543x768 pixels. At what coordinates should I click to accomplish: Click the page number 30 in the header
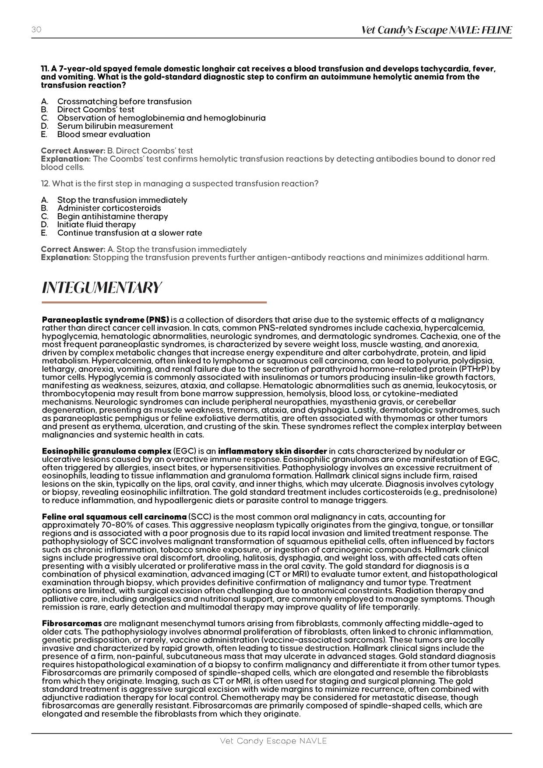36,29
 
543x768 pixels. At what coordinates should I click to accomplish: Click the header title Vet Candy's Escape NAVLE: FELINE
436,30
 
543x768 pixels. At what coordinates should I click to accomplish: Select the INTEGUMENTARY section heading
102,288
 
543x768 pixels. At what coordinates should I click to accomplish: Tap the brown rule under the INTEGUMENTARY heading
154,302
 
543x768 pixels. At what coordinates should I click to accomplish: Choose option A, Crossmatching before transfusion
124,102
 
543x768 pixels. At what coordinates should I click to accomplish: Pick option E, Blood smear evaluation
103,134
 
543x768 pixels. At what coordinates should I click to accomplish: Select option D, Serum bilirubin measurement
115,126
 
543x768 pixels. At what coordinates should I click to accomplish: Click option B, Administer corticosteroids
109,208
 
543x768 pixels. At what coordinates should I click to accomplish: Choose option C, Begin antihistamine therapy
112,216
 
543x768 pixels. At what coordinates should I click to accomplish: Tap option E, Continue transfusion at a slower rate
129,233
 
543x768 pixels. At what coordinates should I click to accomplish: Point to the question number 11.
44,69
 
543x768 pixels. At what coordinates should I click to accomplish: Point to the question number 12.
45,184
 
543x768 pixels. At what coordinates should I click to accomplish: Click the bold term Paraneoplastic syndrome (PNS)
105,320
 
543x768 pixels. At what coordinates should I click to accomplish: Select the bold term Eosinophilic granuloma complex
106,451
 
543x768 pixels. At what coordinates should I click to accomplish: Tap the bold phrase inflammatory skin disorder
272,451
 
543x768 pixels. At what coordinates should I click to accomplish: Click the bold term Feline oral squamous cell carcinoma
114,517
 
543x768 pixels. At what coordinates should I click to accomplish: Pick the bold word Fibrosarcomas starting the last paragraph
72,623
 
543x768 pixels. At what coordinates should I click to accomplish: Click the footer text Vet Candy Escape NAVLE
273,741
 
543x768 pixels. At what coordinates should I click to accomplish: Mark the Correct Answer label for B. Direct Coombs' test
73,151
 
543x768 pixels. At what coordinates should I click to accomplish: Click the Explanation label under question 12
66,257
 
